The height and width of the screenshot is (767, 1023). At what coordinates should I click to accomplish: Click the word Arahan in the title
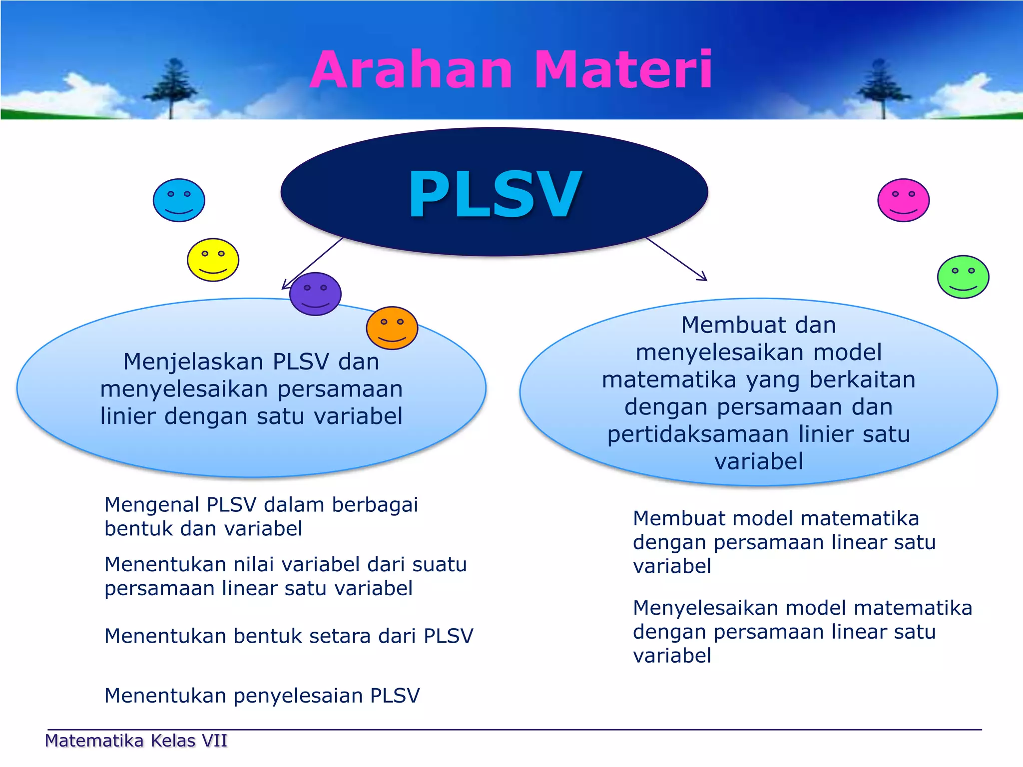(411, 70)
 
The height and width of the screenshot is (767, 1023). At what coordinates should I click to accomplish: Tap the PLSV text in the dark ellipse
(495, 194)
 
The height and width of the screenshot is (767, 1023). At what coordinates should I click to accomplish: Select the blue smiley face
(179, 200)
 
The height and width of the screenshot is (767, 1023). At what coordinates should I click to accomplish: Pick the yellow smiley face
(213, 260)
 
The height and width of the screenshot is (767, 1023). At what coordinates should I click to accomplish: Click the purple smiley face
(315, 294)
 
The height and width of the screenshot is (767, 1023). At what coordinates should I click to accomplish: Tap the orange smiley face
(392, 328)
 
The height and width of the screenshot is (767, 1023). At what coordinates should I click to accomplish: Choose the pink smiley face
(903, 200)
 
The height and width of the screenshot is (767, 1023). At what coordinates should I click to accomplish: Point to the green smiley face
(963, 277)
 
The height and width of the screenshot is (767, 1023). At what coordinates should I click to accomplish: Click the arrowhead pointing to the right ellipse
(703, 278)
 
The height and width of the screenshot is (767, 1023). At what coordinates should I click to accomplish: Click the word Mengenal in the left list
(152, 505)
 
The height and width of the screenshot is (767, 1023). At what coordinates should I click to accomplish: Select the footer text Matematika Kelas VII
(136, 741)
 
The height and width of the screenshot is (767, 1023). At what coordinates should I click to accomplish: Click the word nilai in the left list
(254, 565)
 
